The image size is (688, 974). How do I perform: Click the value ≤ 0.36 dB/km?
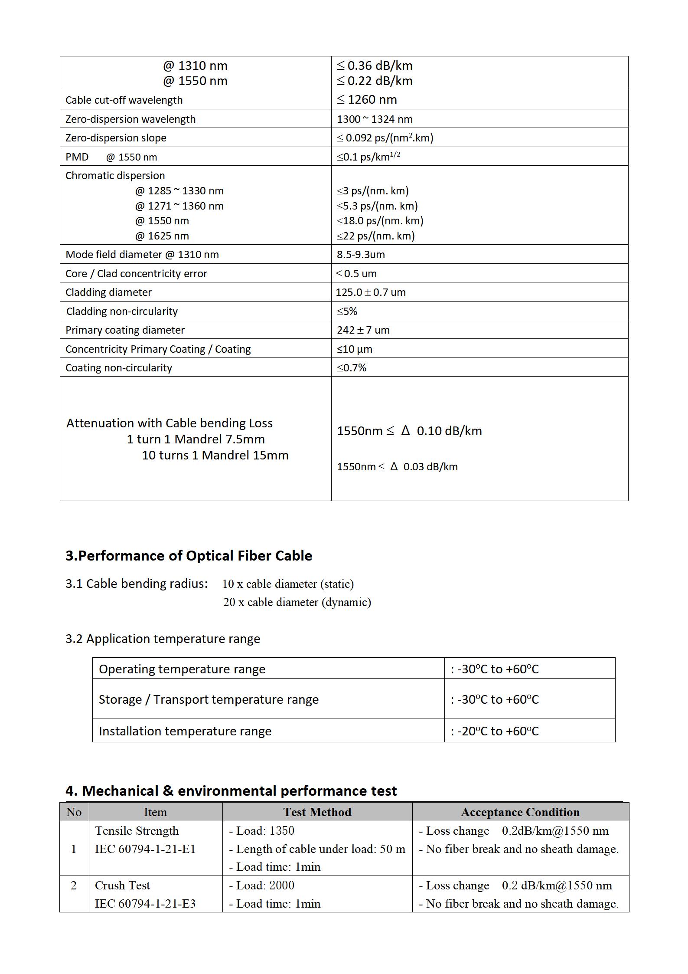[x=375, y=66]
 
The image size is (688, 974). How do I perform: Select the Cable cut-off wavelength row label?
[x=124, y=100]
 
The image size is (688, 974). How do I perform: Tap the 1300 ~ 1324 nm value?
[x=375, y=119]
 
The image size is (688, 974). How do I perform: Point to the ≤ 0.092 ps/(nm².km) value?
[x=385, y=138]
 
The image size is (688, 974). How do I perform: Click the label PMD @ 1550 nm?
[x=111, y=157]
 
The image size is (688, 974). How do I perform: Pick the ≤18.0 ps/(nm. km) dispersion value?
[x=380, y=221]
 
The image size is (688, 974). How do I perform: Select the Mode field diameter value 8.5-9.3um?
[x=361, y=255]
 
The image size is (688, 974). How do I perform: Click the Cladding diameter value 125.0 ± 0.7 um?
[x=371, y=292]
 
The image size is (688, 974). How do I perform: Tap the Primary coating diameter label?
[x=125, y=330]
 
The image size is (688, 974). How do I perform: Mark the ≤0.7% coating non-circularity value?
[x=352, y=368]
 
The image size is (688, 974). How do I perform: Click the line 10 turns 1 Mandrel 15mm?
[x=215, y=456]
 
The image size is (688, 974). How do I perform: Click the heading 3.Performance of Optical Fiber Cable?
[x=189, y=556]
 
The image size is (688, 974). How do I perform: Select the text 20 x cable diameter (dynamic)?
[x=297, y=602]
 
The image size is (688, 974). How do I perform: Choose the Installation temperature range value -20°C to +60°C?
[x=495, y=731]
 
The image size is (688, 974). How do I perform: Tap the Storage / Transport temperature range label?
[x=209, y=699]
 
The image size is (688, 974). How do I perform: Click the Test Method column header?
[x=317, y=812]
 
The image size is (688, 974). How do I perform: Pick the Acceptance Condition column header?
[x=520, y=812]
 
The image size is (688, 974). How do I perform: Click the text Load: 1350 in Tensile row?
[x=262, y=831]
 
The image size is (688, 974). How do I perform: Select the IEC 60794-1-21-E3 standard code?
[x=145, y=904]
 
